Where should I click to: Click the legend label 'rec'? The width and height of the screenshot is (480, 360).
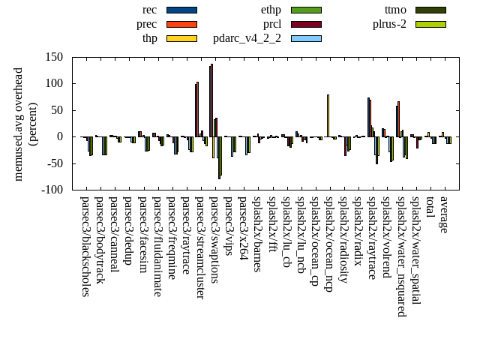[149, 10]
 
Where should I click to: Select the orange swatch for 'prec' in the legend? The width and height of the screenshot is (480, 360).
[181, 24]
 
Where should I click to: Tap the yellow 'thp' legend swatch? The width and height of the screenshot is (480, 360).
[181, 38]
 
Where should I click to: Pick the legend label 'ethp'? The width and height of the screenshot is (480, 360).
[271, 10]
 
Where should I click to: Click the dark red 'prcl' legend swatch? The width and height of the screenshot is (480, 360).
[306, 24]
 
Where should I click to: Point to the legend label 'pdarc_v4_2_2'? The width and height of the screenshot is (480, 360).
[247, 38]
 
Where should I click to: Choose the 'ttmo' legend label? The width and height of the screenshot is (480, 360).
[395, 10]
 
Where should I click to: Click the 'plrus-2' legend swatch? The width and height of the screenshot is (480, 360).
[430, 24]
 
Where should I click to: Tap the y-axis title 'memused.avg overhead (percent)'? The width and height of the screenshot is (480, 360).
[25, 124]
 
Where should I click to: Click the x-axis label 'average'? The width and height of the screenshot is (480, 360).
[443, 215]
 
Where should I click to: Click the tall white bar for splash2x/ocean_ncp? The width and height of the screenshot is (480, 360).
[328, 115]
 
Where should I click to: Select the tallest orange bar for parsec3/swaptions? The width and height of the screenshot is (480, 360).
[212, 100]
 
